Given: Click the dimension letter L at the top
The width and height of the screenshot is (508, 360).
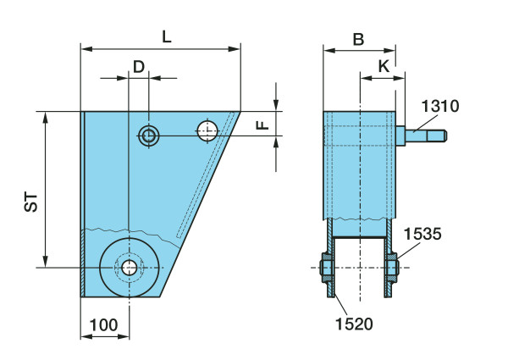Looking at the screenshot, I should pos(166,36).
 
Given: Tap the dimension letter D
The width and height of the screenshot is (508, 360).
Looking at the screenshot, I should pos(138,66).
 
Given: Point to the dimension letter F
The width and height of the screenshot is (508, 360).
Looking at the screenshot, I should pos(262,125).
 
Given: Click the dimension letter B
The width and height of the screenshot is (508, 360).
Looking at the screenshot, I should pos(358,39).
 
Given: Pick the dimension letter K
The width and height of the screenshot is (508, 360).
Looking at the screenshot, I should pos(384,65).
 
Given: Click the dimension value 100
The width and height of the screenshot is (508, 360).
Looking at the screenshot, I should pos(104,324).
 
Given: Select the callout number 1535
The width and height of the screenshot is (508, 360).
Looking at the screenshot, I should pos(421,233).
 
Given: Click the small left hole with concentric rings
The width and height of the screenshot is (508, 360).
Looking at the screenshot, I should pos(149,135).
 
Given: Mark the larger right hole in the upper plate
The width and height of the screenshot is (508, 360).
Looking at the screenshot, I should pos(207,131).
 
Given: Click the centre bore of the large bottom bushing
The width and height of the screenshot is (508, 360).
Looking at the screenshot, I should pos(129,267).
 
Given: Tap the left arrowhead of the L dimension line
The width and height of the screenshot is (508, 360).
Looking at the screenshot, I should pos(86,48).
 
